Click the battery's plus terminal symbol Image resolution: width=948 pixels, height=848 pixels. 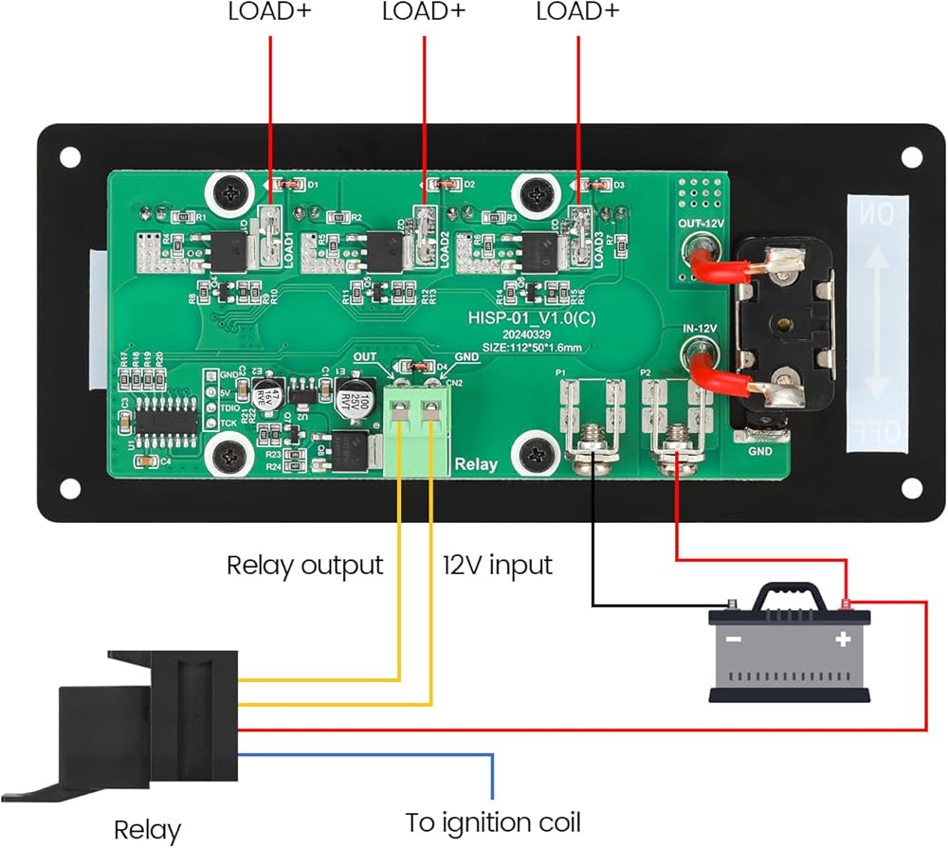(x=841, y=640)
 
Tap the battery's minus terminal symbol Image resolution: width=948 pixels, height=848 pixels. (x=734, y=640)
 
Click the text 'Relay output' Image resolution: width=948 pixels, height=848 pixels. (x=304, y=566)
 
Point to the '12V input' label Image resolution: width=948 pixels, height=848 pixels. (x=497, y=566)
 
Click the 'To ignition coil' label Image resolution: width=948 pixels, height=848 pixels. (x=493, y=821)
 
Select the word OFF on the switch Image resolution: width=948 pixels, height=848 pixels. (x=878, y=432)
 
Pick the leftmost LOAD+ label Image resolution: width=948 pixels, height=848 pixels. (x=270, y=12)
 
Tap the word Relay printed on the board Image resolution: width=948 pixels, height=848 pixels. (x=476, y=464)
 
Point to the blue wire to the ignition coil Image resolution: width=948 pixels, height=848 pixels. (x=379, y=754)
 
